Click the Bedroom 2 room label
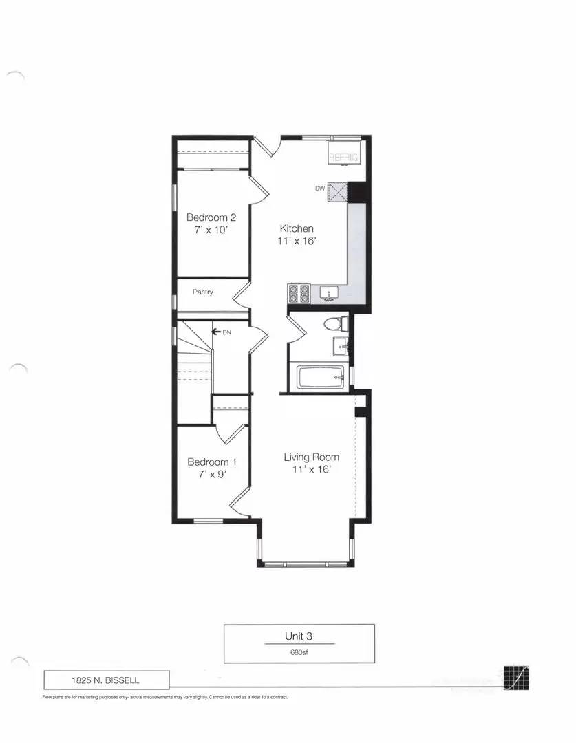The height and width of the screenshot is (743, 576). (x=211, y=217)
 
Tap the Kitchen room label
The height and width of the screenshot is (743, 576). (x=297, y=228)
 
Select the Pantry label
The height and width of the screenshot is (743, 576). (x=202, y=292)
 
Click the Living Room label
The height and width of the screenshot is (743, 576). (x=311, y=457)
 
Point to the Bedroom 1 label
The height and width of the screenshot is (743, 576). (x=212, y=462)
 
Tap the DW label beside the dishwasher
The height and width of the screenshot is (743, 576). (x=319, y=188)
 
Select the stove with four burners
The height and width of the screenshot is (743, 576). (x=299, y=294)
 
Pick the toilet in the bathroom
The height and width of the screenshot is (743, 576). (x=339, y=323)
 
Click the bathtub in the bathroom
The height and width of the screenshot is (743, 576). (x=321, y=376)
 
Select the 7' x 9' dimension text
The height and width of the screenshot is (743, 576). (x=212, y=475)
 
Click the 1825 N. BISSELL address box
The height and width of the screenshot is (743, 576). (x=106, y=680)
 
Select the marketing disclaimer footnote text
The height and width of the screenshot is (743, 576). (x=164, y=697)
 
